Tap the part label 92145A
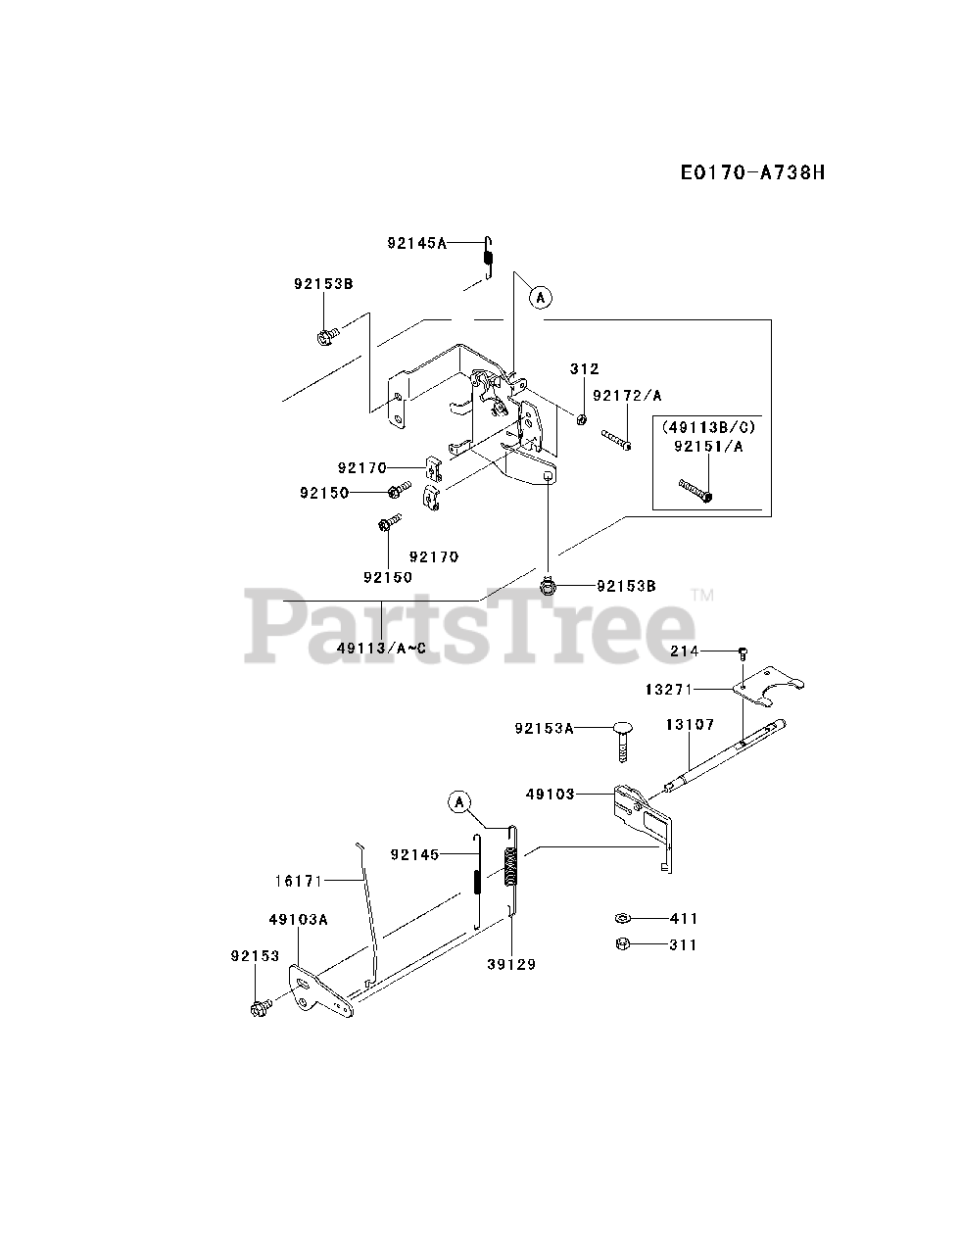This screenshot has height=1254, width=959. point(415,243)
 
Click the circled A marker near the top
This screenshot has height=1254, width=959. point(540,297)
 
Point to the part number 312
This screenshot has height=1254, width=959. point(584,368)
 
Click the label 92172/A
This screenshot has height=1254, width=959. point(627,395)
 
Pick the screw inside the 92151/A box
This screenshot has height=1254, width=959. point(695,489)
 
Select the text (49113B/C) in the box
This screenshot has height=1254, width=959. point(708,427)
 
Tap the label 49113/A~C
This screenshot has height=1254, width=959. point(381,648)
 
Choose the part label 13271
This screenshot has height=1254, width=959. point(668,690)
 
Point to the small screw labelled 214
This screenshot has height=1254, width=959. point(743,651)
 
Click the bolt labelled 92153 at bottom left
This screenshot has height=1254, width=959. point(262,1006)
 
